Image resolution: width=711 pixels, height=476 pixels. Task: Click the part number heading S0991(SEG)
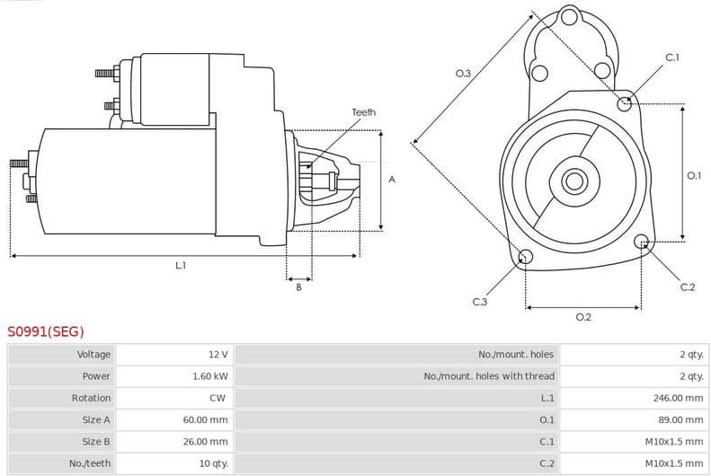(46, 331)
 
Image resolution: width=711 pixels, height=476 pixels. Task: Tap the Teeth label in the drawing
(363, 112)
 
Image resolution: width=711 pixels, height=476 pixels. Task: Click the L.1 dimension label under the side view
(181, 265)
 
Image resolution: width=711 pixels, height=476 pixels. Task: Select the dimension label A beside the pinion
(392, 180)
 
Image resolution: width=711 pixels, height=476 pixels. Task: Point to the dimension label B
(298, 287)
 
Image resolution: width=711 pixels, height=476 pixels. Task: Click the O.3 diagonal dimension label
(463, 74)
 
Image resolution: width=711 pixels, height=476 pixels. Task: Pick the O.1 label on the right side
(693, 176)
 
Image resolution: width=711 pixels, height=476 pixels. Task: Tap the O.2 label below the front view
(582, 317)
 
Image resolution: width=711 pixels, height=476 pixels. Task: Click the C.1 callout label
(671, 57)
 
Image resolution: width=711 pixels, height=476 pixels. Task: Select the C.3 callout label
(479, 302)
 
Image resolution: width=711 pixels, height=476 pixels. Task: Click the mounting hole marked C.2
(641, 242)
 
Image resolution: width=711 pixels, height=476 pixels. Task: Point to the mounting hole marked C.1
(625, 103)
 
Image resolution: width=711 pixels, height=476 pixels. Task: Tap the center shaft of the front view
(573, 181)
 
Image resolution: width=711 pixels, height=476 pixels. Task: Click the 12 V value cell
(218, 355)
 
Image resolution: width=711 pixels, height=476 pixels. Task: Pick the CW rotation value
(217, 398)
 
